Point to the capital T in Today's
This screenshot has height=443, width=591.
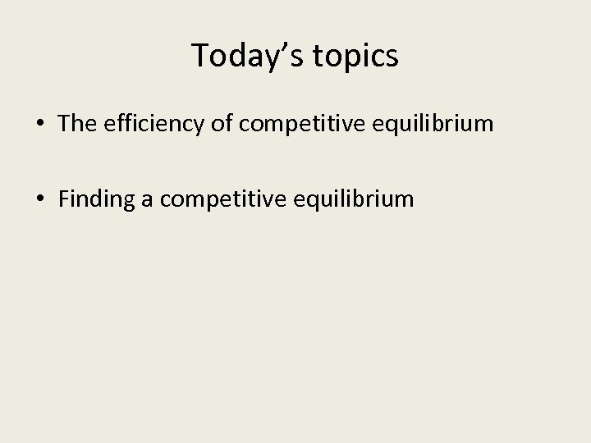[200, 56]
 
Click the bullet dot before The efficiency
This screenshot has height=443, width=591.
[39, 124]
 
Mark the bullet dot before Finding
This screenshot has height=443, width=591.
[39, 199]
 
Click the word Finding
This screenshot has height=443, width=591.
[97, 199]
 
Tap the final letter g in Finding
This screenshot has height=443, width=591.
[130, 201]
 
